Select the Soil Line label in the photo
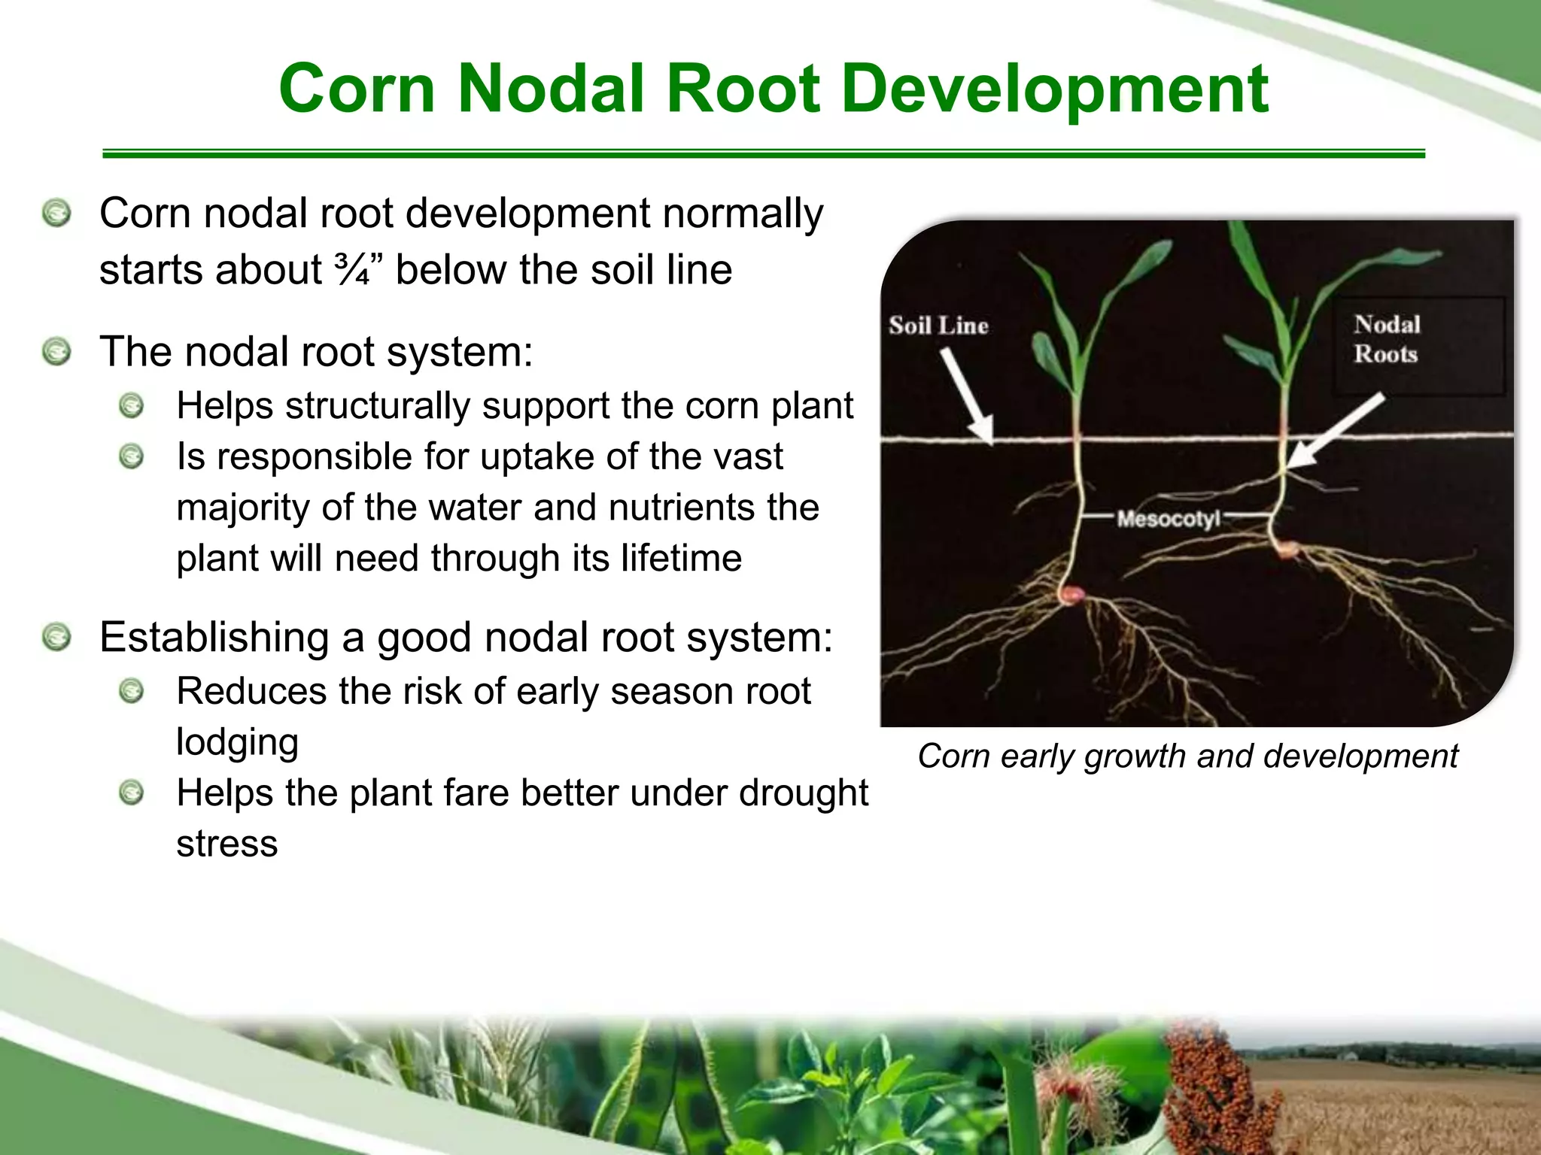tap(938, 326)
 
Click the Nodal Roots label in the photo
tap(1387, 339)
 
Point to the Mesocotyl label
tap(1167, 518)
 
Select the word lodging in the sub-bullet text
tap(237, 742)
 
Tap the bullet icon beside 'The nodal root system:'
tap(56, 352)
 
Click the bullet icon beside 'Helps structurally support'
tap(132, 406)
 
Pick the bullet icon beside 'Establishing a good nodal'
tap(56, 638)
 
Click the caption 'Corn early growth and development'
tap(1187, 756)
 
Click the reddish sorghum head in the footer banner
tap(1204, 1083)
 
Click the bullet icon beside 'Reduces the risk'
tap(132, 691)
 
